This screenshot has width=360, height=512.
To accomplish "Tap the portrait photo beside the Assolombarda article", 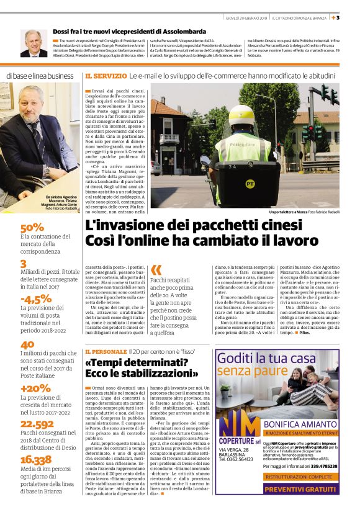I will pyautogui.click(x=34, y=43).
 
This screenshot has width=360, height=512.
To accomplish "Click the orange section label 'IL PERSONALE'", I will pyautogui.click(x=108, y=351).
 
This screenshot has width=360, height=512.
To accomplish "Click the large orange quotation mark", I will pyautogui.click(x=156, y=269).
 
